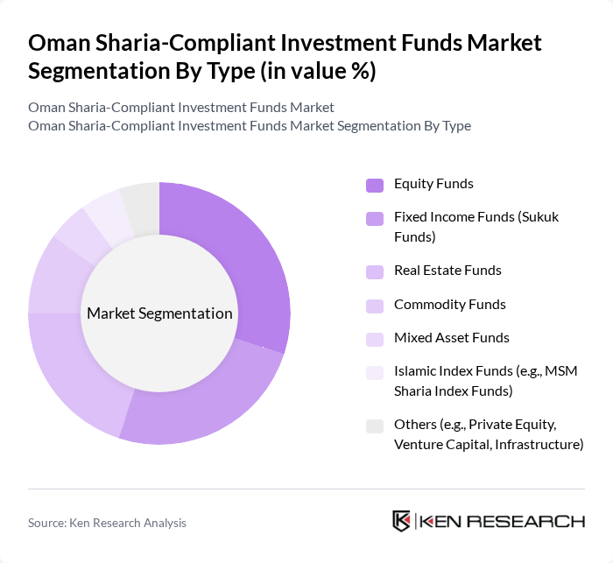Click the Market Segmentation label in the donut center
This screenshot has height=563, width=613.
pos(159,313)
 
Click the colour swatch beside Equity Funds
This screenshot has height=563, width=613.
pos(375,185)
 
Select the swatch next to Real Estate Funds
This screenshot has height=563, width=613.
pos(375,271)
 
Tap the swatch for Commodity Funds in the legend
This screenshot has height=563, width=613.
pos(375,306)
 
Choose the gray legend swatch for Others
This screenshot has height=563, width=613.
pos(375,426)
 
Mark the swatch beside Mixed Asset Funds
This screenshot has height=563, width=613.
pos(375,339)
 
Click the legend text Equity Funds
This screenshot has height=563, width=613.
pos(433,184)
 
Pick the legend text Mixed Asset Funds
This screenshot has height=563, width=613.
pos(452,338)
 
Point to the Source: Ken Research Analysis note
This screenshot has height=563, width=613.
pos(107,523)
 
